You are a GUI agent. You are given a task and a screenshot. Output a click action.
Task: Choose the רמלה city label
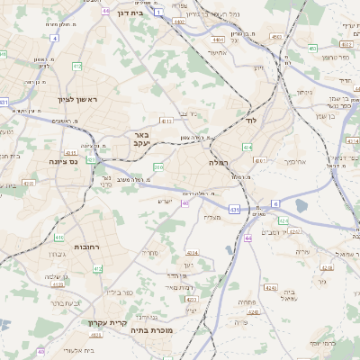(x=218, y=162)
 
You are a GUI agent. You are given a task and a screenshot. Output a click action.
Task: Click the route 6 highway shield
(x=274, y=203)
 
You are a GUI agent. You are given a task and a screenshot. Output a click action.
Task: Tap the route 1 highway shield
(x=159, y=13)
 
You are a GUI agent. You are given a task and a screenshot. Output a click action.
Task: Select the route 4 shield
(x=53, y=39)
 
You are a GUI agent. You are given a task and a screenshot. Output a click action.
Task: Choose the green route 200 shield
(x=158, y=167)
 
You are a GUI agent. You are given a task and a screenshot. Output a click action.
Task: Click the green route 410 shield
(x=59, y=238)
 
